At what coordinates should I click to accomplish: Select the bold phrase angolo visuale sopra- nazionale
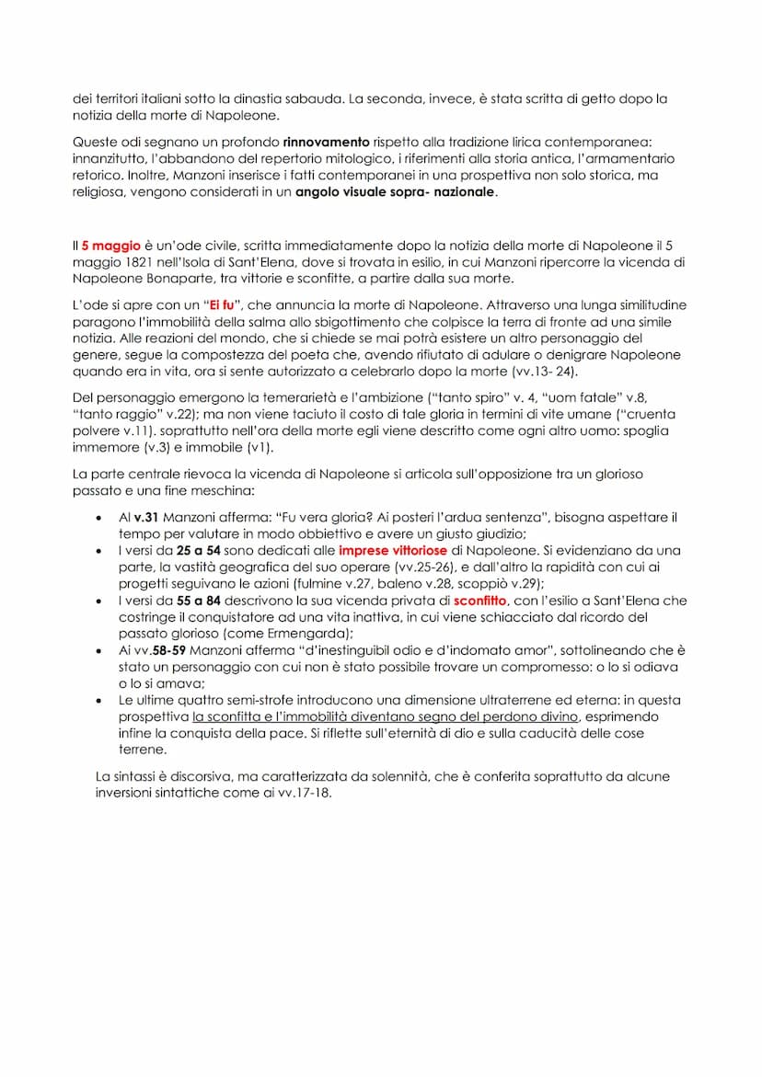coord(396,192)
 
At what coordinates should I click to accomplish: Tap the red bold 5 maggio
coord(111,246)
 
